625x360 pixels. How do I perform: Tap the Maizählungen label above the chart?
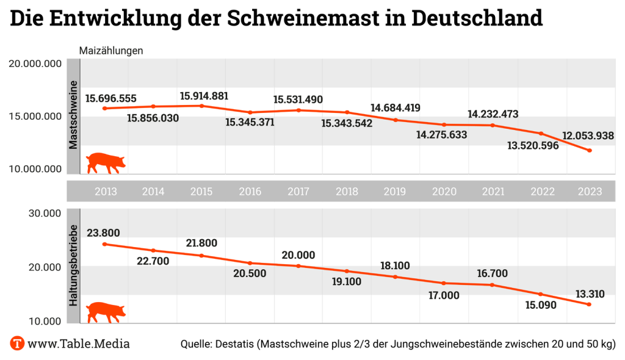[x=111, y=51]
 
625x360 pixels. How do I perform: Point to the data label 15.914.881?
[x=204, y=96]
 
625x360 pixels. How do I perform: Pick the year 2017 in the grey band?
[x=298, y=192]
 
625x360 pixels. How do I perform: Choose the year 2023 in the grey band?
[x=590, y=192]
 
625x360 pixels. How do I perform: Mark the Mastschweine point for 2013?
[x=105, y=109]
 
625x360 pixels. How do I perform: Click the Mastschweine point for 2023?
[x=590, y=150]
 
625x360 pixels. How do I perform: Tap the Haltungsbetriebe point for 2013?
[x=105, y=244]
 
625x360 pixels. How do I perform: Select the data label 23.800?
[x=103, y=232]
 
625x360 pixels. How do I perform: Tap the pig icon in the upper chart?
[x=105, y=163]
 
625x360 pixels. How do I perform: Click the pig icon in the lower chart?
[x=105, y=311]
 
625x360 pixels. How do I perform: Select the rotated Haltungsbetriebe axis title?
[x=73, y=265]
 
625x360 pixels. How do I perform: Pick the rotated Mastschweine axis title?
[x=73, y=115]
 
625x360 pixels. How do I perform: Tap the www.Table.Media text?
[x=79, y=344]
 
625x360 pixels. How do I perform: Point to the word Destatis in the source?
[x=234, y=344]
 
